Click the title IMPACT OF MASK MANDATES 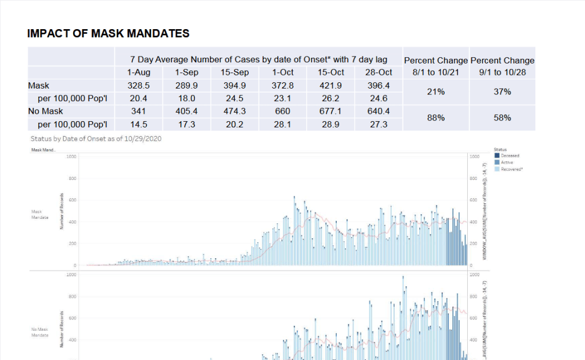click(x=108, y=34)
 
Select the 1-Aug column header click(x=138, y=73)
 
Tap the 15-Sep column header click(x=234, y=73)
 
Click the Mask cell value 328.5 click(x=138, y=86)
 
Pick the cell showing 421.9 click(x=331, y=86)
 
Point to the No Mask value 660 click(x=282, y=111)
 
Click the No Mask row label click(x=45, y=111)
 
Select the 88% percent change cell click(x=436, y=118)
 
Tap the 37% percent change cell click(x=502, y=92)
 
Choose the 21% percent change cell click(x=436, y=92)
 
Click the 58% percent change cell click(x=502, y=118)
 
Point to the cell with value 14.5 click(x=138, y=124)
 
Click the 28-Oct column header click(x=379, y=73)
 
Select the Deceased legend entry click(x=510, y=155)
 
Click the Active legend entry click(x=507, y=162)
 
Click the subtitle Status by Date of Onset click(x=95, y=139)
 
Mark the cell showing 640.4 click(x=379, y=111)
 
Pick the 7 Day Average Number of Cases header click(x=258, y=59)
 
